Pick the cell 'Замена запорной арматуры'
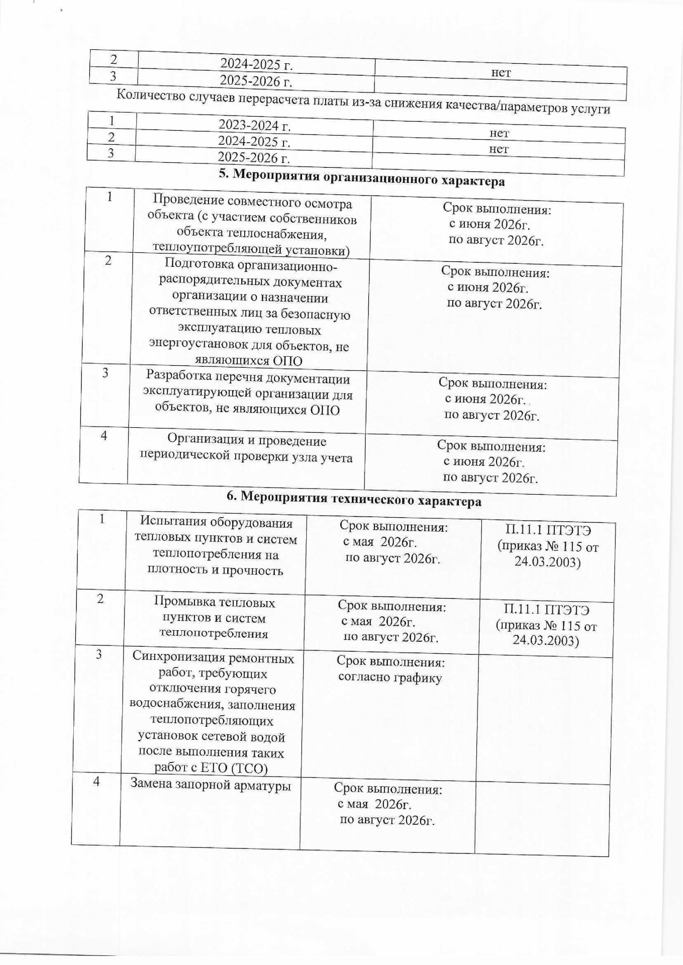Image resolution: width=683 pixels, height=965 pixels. tap(211, 784)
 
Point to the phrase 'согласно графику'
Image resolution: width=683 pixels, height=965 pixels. tap(390, 678)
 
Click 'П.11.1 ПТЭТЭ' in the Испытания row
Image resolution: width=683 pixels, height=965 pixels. tap(549, 530)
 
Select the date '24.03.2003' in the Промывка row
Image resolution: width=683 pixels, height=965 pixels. tap(546, 641)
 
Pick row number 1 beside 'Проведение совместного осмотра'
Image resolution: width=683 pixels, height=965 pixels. tap(109, 197)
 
